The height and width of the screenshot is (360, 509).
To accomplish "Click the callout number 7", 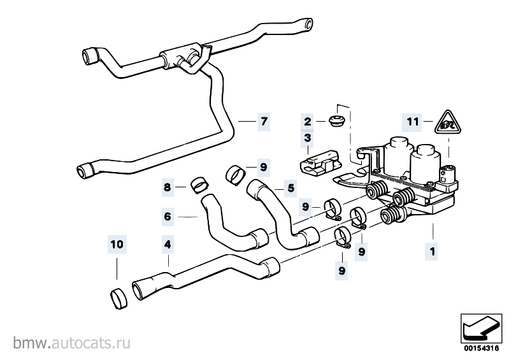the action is (x=264, y=122).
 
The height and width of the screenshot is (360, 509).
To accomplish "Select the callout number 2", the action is (x=308, y=122).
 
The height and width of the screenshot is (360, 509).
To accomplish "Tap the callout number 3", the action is (x=308, y=138).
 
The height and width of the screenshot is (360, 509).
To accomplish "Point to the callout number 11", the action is (x=413, y=122).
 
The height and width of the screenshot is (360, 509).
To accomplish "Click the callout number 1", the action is (x=432, y=251).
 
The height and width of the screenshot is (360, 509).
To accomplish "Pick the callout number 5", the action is (x=290, y=188).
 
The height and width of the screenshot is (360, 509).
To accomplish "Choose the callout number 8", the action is (x=167, y=187).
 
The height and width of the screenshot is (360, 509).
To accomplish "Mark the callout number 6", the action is (x=168, y=216).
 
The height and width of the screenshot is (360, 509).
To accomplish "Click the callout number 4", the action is (x=168, y=244).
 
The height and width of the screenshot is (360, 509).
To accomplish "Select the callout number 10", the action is (x=117, y=244).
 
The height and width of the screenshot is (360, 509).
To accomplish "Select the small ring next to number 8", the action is (x=199, y=185).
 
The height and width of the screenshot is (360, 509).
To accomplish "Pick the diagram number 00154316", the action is (x=481, y=349).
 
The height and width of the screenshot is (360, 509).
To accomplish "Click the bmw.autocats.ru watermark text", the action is (x=72, y=343).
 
